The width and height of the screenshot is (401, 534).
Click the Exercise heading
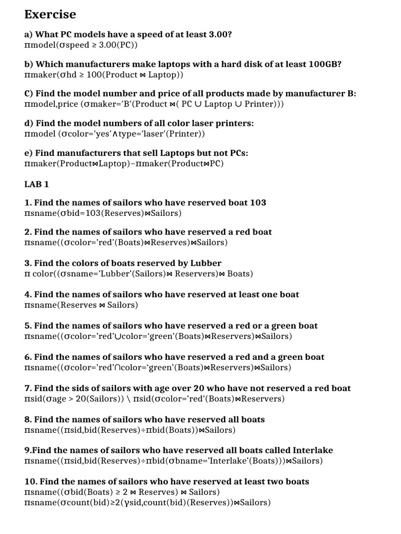point(50,14)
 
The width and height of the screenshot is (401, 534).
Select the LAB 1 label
point(37,184)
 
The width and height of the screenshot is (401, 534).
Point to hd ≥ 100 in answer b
point(73,75)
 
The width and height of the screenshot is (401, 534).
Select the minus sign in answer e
point(133,164)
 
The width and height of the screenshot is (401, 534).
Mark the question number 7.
point(28,389)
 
